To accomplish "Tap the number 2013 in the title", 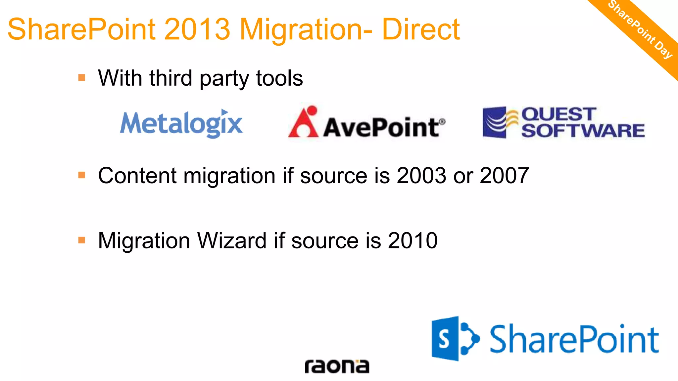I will (x=197, y=30).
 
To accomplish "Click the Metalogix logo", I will (x=181, y=124).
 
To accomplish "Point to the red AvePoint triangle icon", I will (x=304, y=122).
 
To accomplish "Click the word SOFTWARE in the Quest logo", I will (x=583, y=131).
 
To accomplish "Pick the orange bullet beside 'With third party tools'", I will (x=82, y=78).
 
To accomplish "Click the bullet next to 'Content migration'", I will (x=82, y=175).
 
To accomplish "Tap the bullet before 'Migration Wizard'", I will (x=82, y=240).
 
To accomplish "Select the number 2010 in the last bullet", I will (x=412, y=240).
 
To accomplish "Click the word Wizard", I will (x=232, y=240).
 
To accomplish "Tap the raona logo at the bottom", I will (x=337, y=366).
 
